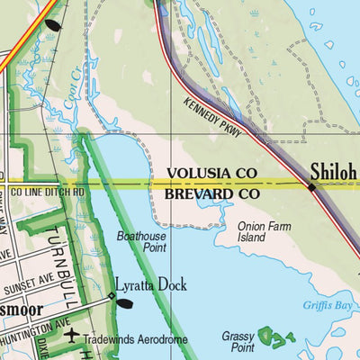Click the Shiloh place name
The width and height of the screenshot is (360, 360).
pyautogui.click(x=334, y=170)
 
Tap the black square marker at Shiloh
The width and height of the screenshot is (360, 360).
pyautogui.click(x=311, y=187)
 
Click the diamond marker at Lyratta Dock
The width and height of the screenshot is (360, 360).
pyautogui.click(x=112, y=294)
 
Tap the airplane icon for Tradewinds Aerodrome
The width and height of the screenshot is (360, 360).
pyautogui.click(x=72, y=337)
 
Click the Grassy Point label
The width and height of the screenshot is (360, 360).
pyautogui.click(x=238, y=340)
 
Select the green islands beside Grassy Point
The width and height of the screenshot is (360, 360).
pyautogui.click(x=274, y=338)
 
